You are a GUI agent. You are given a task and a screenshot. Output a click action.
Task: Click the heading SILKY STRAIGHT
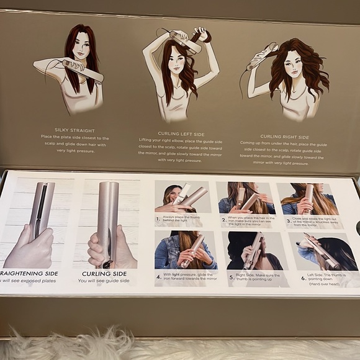click(74, 130)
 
